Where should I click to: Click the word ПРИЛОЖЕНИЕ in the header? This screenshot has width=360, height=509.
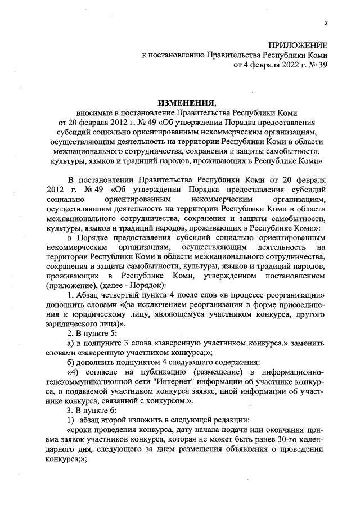(x=297, y=44)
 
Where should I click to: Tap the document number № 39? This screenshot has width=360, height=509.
(x=317, y=65)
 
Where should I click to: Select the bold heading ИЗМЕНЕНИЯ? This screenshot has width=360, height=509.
(x=186, y=103)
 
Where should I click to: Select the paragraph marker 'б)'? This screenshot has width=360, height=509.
(x=71, y=362)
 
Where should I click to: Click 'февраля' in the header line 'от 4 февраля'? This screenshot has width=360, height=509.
(x=258, y=65)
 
